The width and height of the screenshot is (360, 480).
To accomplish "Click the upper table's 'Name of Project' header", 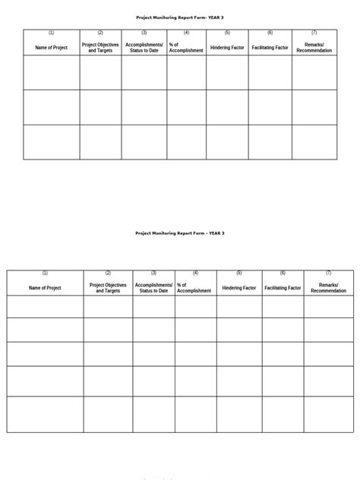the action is coord(52,47).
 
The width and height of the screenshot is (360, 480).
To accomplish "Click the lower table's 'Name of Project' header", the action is coord(45,288).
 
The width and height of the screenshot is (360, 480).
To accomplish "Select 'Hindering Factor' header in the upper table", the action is coord(227,47).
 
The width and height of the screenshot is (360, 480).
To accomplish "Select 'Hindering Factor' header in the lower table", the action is coord(239,288).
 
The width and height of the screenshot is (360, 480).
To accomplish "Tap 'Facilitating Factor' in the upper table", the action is coord(270,47).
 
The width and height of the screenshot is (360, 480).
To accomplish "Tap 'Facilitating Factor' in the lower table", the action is coord(283,288).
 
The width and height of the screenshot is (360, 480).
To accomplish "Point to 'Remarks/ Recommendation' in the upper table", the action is coord(314,47).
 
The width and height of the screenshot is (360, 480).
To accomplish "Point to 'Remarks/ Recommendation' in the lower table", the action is coord(328,288).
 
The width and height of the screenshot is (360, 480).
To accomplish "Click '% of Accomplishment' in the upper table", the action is coord(186,47).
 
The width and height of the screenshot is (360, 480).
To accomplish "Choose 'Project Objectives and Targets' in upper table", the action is coord(100,47).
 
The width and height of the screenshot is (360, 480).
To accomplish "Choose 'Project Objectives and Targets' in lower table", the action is coord(108,288).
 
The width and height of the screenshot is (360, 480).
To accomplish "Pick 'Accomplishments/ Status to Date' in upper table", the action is coord(144,47).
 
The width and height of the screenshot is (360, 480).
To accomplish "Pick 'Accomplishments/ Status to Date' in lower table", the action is coord(153,288).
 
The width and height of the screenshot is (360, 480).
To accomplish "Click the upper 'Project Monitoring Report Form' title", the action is coord(179,17).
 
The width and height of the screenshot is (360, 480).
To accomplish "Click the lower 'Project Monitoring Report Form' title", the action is coord(179,233).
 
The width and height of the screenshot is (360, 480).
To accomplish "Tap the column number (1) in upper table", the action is coord(52,33).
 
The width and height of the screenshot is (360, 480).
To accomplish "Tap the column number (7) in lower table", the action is coord(328,273).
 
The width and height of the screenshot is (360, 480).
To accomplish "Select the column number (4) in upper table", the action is coord(186,33).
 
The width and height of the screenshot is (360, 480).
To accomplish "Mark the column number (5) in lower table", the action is coord(239,273).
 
